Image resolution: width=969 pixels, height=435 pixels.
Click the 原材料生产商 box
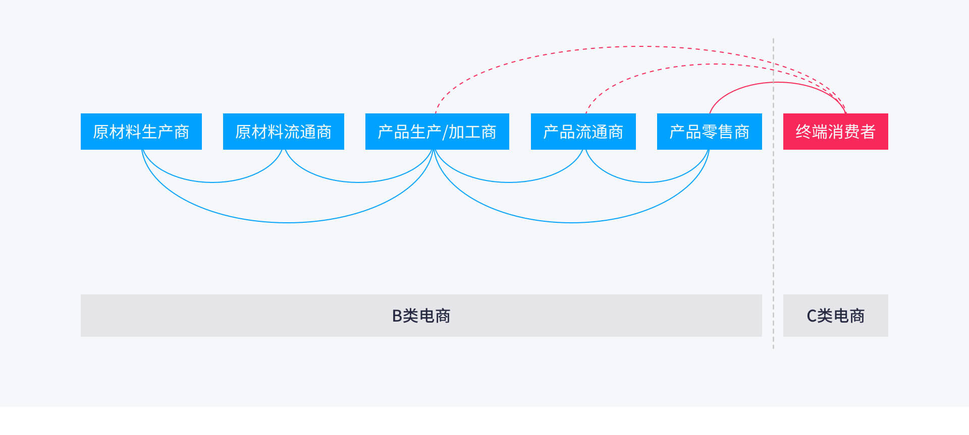pyautogui.click(x=141, y=132)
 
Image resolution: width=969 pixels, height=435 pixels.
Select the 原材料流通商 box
pyautogui.click(x=284, y=132)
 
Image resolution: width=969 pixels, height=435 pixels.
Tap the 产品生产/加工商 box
pyautogui.click(x=437, y=132)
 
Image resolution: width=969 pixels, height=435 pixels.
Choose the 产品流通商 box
pyautogui.click(x=583, y=132)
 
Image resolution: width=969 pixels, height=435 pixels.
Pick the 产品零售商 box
pyautogui.click(x=710, y=132)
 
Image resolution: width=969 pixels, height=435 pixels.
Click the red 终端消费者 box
pyautogui.click(x=836, y=132)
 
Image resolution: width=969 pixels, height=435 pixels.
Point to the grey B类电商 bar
pyautogui.click(x=421, y=316)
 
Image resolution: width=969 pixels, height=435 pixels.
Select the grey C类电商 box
pyautogui.click(x=836, y=316)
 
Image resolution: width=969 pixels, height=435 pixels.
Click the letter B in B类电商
pyautogui.click(x=397, y=316)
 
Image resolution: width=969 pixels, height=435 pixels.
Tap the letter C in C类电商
pyautogui.click(x=812, y=316)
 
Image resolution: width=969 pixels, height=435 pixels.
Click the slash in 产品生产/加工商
pyautogui.click(x=445, y=132)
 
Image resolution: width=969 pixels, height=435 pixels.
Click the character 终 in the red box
pyautogui.click(x=803, y=132)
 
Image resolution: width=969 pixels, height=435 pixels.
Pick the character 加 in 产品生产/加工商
pyautogui.click(x=456, y=132)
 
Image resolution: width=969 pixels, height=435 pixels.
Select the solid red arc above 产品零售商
pyautogui.click(x=778, y=82)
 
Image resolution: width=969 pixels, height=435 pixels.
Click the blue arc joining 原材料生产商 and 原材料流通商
pyautogui.click(x=212, y=182)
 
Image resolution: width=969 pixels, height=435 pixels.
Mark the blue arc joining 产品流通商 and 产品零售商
pyautogui.click(x=647, y=182)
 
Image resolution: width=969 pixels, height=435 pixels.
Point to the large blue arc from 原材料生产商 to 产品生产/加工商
pyautogui.click(x=287, y=222)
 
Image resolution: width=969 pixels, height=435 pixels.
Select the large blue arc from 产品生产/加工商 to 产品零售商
pyautogui.click(x=572, y=222)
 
